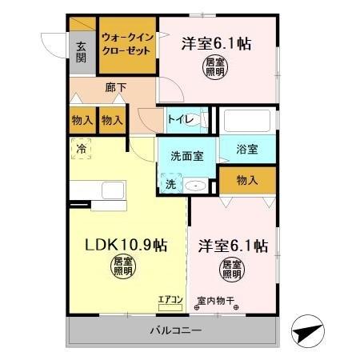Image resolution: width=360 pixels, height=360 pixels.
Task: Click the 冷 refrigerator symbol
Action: pyautogui.click(x=80, y=147)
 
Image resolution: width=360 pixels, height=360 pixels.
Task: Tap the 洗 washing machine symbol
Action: pyautogui.click(x=170, y=184)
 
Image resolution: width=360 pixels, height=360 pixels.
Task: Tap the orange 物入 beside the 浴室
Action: pyautogui.click(x=246, y=182)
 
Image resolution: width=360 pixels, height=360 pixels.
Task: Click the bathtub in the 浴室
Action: pyautogui.click(x=249, y=122)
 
